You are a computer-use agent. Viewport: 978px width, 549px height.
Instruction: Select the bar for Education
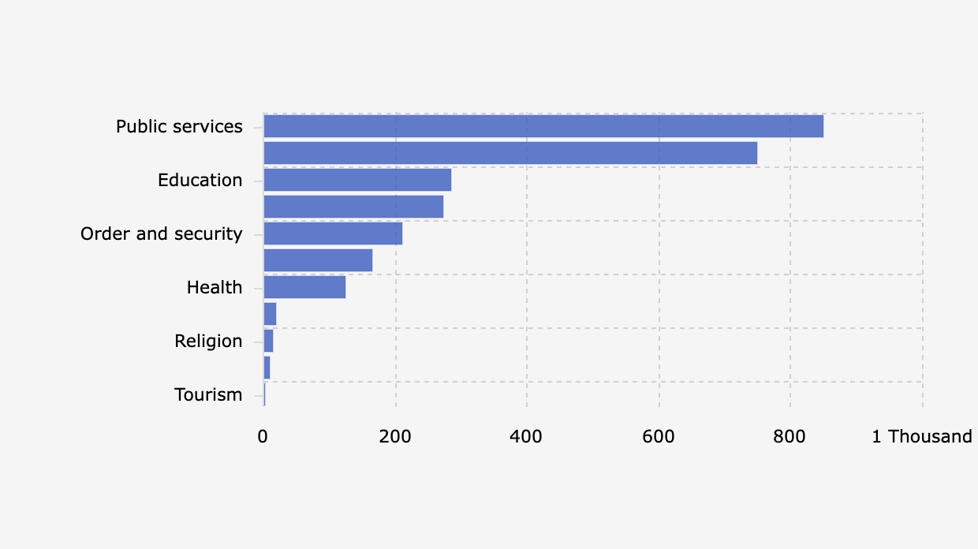[x=357, y=180]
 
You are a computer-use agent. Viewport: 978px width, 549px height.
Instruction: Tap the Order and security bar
[x=333, y=233]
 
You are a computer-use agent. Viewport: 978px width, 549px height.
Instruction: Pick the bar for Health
[x=304, y=287]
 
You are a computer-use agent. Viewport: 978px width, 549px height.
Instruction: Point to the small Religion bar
[x=268, y=341]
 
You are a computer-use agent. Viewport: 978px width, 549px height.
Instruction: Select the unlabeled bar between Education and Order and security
[x=353, y=207]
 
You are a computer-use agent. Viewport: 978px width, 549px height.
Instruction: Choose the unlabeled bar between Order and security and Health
[x=318, y=260]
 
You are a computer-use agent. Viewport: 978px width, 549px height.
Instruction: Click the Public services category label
[x=179, y=126]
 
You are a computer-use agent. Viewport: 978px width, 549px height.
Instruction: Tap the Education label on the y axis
[x=200, y=180]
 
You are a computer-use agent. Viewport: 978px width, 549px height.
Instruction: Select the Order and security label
[x=161, y=233]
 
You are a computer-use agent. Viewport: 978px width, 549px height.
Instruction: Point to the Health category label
[x=214, y=287]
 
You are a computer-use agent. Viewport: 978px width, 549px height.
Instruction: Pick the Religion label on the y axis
[x=208, y=341]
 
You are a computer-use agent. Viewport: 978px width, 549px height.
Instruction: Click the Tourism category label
[x=208, y=394]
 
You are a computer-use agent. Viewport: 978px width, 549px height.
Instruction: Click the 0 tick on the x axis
[x=263, y=436]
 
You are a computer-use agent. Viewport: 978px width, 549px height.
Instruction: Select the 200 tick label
[x=395, y=436]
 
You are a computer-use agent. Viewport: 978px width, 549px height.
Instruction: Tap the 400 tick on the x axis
[x=527, y=436]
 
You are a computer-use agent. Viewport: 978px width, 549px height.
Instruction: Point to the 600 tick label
[x=659, y=436]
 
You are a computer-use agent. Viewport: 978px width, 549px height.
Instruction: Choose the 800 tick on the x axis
[x=790, y=436]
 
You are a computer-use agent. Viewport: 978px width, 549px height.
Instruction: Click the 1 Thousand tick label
[x=921, y=436]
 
